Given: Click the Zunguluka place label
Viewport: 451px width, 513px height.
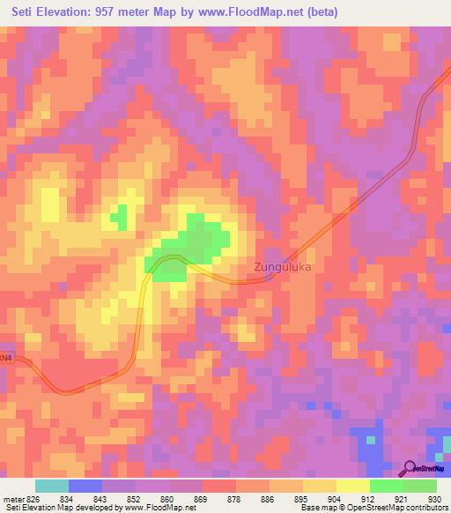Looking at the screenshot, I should click(x=282, y=264).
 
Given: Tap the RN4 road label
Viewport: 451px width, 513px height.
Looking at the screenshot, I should click(x=6, y=358).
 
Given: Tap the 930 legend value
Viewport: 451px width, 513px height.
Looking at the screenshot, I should click(x=432, y=498).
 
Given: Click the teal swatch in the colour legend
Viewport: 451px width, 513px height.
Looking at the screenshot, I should click(x=51, y=486).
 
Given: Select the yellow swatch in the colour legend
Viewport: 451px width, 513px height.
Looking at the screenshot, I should click(x=352, y=486).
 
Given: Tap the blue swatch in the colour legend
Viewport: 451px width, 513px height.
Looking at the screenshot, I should click(x=85, y=486).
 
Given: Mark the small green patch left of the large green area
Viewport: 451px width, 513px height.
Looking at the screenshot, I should click(x=118, y=216).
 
